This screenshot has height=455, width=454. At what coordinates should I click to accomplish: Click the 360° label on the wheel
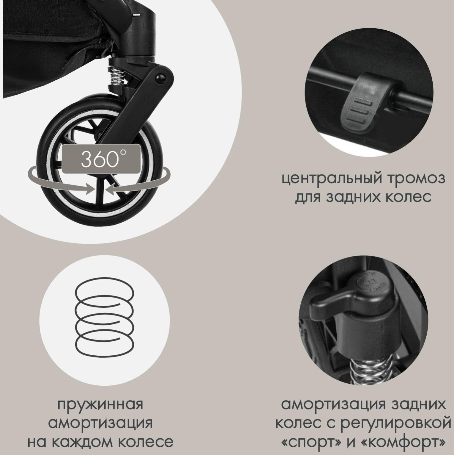pyautogui.click(x=101, y=159)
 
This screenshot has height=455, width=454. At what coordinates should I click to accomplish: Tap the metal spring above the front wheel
pyautogui.click(x=118, y=77)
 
